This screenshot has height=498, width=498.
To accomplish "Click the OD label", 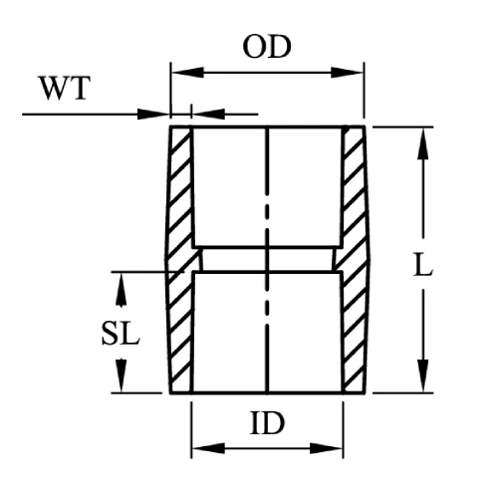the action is pyautogui.click(x=267, y=47).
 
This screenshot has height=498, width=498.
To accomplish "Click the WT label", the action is pyautogui.click(x=65, y=88).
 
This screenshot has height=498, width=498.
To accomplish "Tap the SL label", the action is pyautogui.click(x=121, y=334).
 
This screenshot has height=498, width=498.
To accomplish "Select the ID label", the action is pyautogui.click(x=267, y=423).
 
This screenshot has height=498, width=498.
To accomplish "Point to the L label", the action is pyautogui.click(x=422, y=264).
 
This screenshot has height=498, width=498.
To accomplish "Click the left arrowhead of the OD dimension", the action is pyautogui.click(x=188, y=72).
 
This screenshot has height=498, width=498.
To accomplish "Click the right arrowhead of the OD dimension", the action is pyautogui.click(x=347, y=72).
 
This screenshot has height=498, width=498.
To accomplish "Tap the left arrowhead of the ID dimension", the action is pyautogui.click(x=209, y=448).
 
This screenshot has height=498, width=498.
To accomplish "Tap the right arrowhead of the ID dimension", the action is pyautogui.click(x=326, y=448).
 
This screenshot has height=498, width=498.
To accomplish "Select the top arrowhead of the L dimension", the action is pyautogui.click(x=423, y=144).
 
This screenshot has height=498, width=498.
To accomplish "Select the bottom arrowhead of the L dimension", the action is pyautogui.click(x=423, y=375).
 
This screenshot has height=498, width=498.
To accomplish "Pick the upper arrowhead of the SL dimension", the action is pyautogui.click(x=121, y=289).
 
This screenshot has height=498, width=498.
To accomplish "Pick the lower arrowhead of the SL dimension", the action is pyautogui.click(x=121, y=375).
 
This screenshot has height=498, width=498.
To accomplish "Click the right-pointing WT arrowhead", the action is pyautogui.click(x=153, y=115).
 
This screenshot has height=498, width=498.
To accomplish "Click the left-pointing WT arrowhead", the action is pyautogui.click(x=209, y=115).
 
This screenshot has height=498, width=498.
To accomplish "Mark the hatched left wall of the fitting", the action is pyautogui.click(x=180, y=259).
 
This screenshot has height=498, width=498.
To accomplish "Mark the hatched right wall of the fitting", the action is pyautogui.click(x=355, y=259).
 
